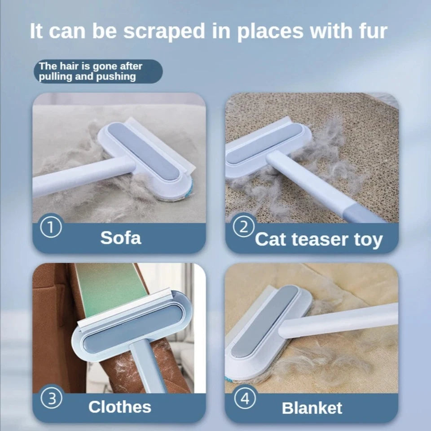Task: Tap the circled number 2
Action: click(x=244, y=228)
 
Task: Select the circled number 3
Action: click(x=53, y=398)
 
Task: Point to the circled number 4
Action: click(x=245, y=398)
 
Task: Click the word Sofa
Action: click(x=120, y=237)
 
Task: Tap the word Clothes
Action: click(x=119, y=407)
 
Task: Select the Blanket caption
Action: click(x=312, y=408)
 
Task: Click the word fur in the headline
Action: click(x=371, y=31)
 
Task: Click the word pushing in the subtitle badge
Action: click(x=114, y=76)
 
